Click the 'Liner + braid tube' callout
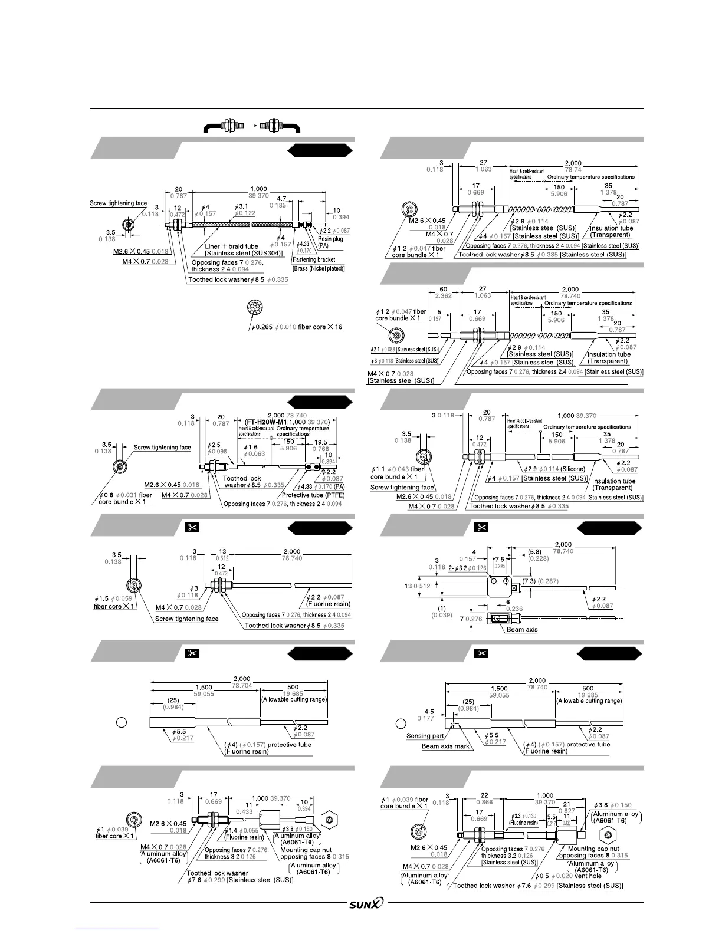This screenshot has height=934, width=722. pos(231,246)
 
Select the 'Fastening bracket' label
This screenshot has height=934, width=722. pos(314,259)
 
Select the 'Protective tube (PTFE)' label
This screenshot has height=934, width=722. pos(313,495)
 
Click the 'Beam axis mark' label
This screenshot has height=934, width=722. pos(445,746)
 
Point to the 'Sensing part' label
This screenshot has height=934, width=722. pos(425,736)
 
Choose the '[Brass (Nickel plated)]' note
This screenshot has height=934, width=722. pos(319,269)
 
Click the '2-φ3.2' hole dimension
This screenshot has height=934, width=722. pos(462,568)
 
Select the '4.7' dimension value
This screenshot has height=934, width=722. pos(281,199)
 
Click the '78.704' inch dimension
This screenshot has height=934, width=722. pos(242,686)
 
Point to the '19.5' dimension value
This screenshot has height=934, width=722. pos(320,442)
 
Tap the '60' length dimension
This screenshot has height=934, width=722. pos(443,290)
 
